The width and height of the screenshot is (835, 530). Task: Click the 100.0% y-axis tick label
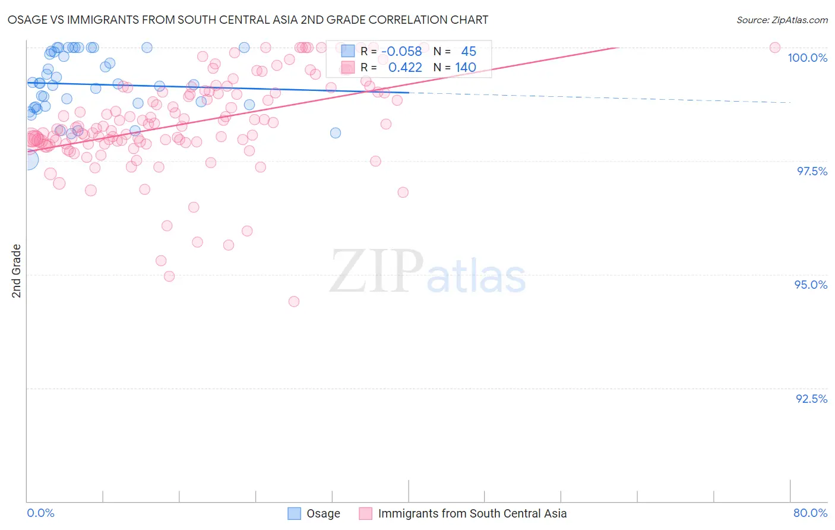tap(807, 58)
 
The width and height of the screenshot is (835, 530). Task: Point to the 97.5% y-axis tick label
tap(812, 171)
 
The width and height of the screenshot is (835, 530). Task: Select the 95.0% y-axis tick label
tap(811, 285)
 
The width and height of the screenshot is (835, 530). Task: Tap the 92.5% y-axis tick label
tap(811, 399)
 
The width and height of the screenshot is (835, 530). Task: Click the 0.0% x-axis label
tap(40, 513)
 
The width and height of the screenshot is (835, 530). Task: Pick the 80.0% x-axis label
tap(810, 513)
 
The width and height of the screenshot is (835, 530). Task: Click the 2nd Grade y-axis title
tap(17, 271)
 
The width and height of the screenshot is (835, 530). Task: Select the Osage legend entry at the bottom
tap(314, 513)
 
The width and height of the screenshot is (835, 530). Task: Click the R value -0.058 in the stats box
tap(401, 51)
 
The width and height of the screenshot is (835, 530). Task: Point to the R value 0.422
tap(405, 67)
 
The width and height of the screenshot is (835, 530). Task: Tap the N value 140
tap(466, 67)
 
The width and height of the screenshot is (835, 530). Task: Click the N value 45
tap(469, 51)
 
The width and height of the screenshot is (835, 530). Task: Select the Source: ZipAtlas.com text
tap(782, 20)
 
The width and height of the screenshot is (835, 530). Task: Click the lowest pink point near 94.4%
tap(294, 301)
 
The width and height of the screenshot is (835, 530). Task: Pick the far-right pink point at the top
tap(774, 48)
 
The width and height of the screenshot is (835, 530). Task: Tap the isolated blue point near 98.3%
tap(336, 133)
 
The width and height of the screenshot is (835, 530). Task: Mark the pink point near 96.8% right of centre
tap(403, 192)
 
